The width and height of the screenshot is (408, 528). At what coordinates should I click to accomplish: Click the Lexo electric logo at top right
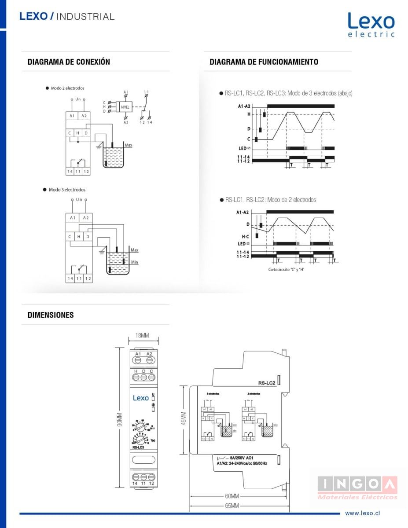pos(371,25)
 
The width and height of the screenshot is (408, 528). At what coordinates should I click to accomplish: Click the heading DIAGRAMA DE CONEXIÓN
pos(69,62)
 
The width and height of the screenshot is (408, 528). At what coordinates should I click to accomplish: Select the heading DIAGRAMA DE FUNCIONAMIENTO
pos(264,62)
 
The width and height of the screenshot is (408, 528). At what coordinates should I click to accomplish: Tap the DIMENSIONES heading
pos(51,315)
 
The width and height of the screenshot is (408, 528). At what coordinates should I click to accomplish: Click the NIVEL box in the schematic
pos(125,106)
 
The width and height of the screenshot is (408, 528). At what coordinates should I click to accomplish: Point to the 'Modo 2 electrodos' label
pos(67,88)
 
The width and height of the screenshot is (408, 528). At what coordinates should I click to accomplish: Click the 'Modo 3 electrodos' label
pos(67,190)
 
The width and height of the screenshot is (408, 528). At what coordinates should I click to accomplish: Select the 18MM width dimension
pos(142,336)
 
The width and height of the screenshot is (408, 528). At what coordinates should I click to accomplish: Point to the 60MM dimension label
pos(232,496)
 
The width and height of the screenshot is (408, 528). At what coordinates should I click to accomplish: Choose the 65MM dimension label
pos(232,506)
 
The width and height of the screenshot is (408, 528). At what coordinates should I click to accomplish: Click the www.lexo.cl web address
pos(362,513)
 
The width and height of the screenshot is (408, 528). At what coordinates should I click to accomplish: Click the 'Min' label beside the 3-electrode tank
pos(134,262)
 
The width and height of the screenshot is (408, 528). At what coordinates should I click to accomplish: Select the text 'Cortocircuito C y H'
pos(287,269)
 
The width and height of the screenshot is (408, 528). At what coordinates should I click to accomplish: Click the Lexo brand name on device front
pos(141,398)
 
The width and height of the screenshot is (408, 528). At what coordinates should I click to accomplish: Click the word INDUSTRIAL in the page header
pos(85,17)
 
